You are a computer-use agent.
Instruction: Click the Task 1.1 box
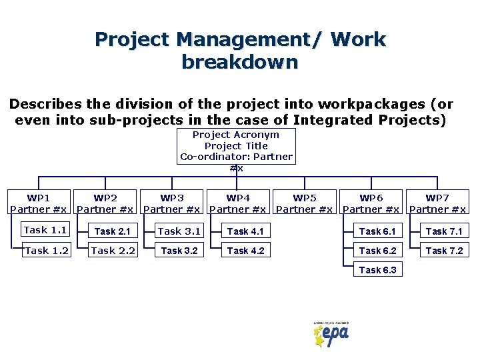pyautogui.click(x=45, y=231)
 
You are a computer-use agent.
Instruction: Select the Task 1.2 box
pyautogui.click(x=45, y=251)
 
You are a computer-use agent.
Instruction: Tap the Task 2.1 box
pyautogui.click(x=112, y=231)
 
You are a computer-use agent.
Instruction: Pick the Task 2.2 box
pyautogui.click(x=113, y=251)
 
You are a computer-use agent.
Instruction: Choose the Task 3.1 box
pyautogui.click(x=179, y=231)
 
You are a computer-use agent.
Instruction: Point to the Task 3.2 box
pyautogui.click(x=179, y=251)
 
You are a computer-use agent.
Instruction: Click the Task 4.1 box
pyautogui.click(x=245, y=231)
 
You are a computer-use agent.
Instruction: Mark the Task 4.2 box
pyautogui.click(x=245, y=251)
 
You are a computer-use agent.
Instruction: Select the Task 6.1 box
pyautogui.click(x=377, y=231)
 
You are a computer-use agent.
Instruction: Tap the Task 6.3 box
pyautogui.click(x=377, y=270)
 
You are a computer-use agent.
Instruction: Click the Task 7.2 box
pyautogui.click(x=444, y=251)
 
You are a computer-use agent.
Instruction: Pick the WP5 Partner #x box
pyautogui.click(x=305, y=203)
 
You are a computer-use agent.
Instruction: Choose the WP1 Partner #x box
pyautogui.click(x=38, y=203)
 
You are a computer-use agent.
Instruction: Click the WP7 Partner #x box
pyautogui.click(x=437, y=203)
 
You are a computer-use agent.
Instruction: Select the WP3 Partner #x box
pyautogui.click(x=172, y=203)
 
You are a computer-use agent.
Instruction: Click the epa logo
pyautogui.click(x=331, y=333)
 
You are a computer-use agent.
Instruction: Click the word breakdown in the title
pyautogui.click(x=239, y=63)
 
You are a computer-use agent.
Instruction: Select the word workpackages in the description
pyautogui.click(x=373, y=104)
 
